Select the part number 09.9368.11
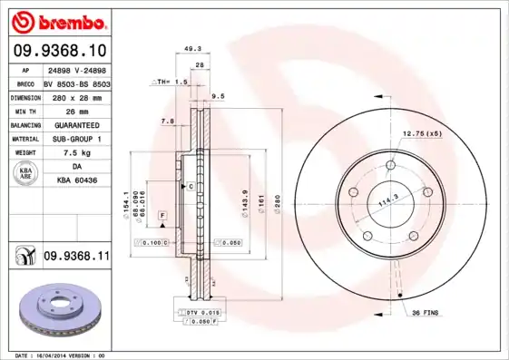point(76,258)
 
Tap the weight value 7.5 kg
point(76,153)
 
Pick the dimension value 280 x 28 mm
point(76,95)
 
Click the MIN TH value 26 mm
point(76,110)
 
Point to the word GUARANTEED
point(76,124)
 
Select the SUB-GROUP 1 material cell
point(76,139)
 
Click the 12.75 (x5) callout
point(422,133)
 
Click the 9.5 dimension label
point(218,95)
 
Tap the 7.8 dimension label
point(167,121)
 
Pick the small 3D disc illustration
point(54,306)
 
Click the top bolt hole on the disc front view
point(390,166)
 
